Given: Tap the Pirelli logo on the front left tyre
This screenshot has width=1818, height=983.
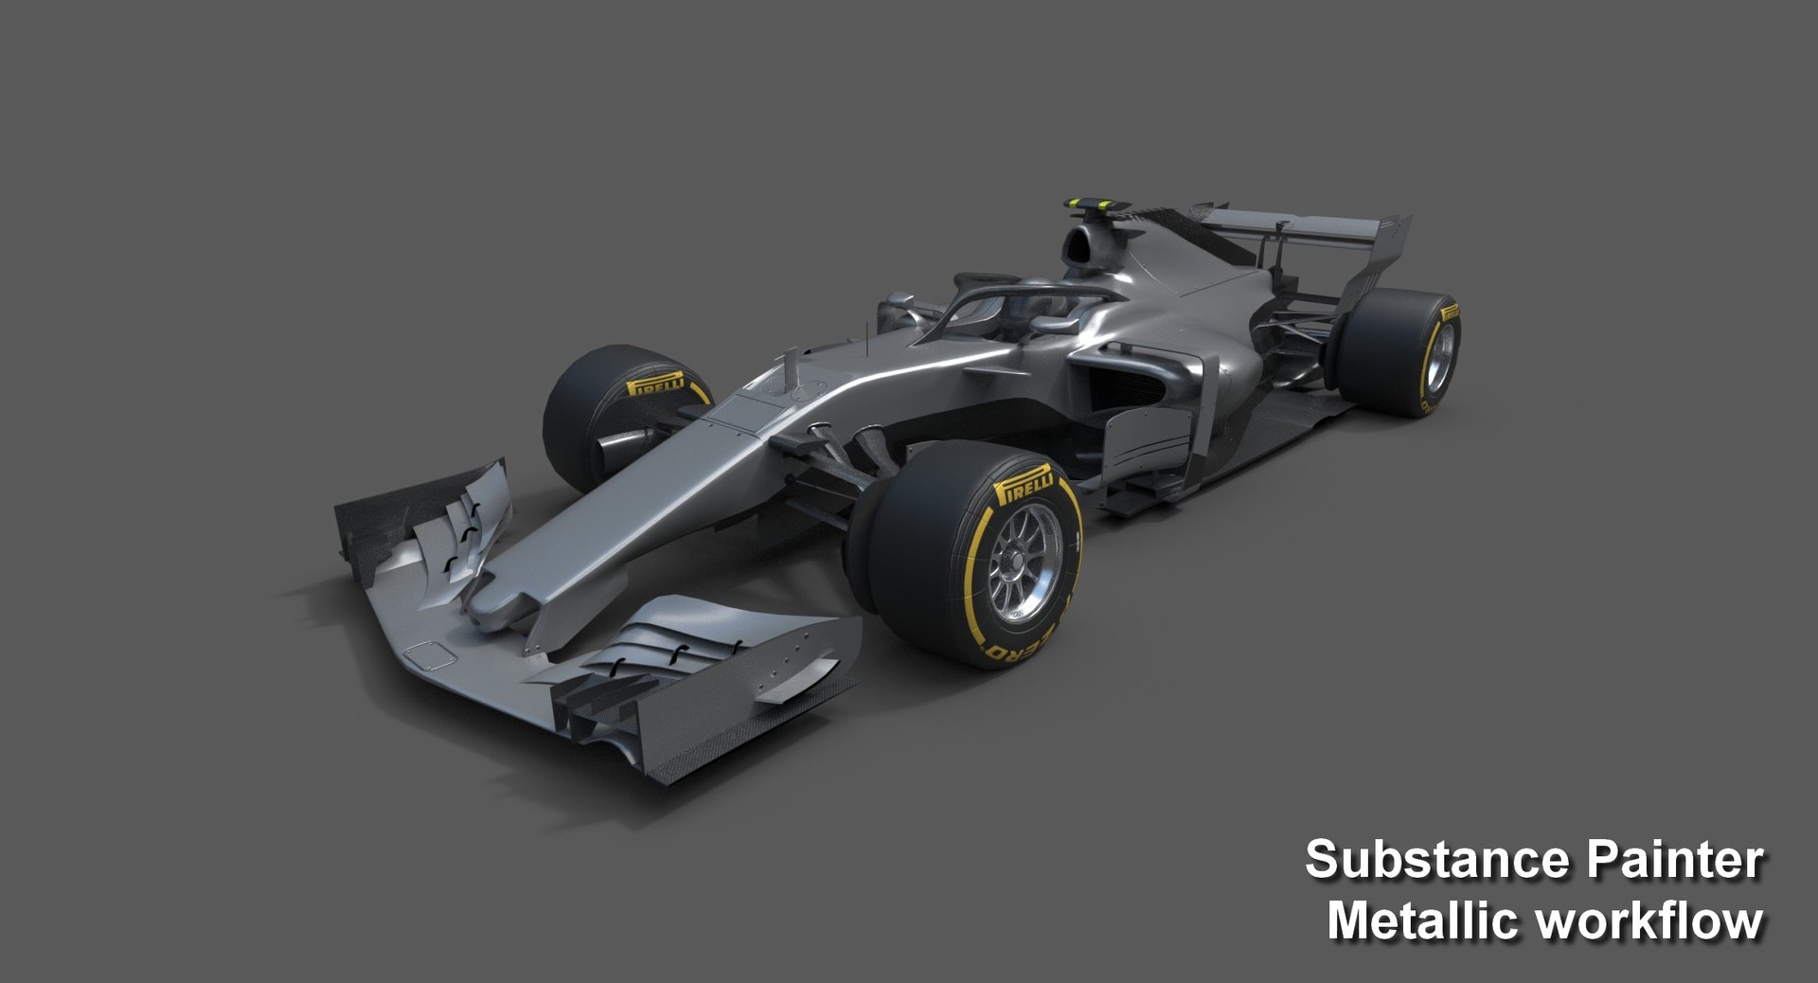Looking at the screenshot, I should [656, 384].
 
